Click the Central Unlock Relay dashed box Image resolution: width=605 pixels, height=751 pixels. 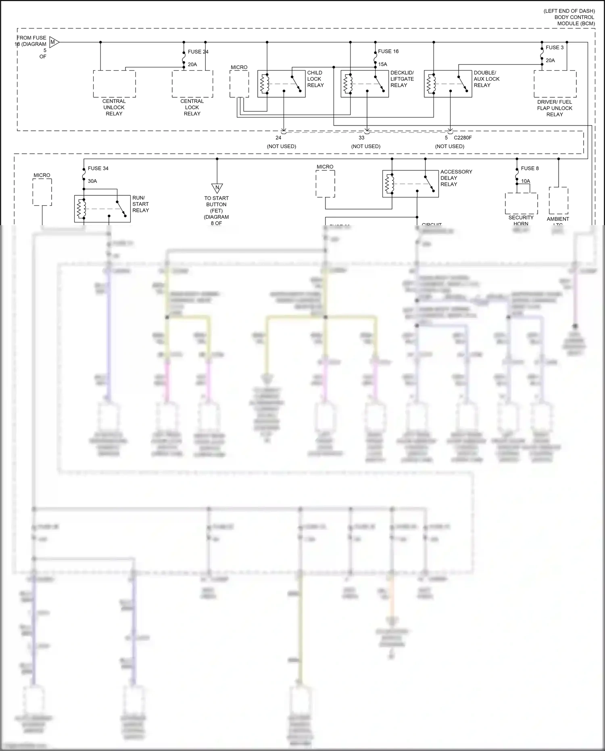click(x=114, y=84)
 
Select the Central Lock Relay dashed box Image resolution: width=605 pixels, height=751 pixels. click(x=192, y=84)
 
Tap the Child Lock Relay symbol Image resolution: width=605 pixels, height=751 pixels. click(x=282, y=84)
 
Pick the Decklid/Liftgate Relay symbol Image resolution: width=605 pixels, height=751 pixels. click(x=365, y=84)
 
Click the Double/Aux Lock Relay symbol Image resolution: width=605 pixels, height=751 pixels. click(x=448, y=84)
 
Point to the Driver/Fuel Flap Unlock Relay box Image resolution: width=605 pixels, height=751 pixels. click(x=555, y=84)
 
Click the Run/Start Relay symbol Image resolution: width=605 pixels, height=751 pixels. click(x=102, y=209)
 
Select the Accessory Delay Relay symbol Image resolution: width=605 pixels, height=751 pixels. click(x=410, y=184)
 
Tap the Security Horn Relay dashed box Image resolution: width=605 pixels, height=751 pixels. click(x=521, y=203)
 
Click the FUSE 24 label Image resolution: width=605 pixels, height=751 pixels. click(x=198, y=52)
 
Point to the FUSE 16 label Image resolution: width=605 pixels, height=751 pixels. click(x=388, y=51)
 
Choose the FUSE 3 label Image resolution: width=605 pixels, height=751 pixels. click(x=555, y=47)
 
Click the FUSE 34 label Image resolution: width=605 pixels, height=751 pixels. click(x=98, y=168)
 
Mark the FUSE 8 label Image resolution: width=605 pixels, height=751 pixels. click(x=530, y=168)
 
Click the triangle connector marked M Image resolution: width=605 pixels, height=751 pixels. click(x=54, y=42)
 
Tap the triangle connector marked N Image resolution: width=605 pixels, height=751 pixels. click(x=217, y=188)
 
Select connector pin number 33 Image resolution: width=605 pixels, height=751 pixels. click(x=361, y=138)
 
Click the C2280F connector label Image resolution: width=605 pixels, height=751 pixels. click(x=463, y=138)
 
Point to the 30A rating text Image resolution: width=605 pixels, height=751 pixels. click(x=92, y=181)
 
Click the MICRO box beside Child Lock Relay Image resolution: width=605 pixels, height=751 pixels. click(x=239, y=84)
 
